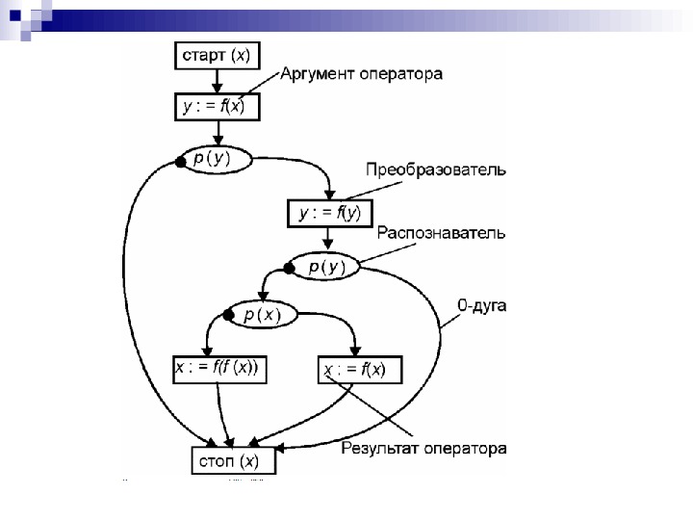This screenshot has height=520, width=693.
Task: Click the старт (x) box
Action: point(217,56)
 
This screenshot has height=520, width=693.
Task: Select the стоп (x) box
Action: point(231,459)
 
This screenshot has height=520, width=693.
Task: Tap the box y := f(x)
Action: point(215,107)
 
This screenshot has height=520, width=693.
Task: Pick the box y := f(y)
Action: point(329,213)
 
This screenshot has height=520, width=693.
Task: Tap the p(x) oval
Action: point(262,315)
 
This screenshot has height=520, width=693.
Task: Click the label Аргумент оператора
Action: point(361,74)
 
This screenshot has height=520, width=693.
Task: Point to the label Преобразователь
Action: point(435,170)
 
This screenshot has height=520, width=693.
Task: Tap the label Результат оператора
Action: point(424,449)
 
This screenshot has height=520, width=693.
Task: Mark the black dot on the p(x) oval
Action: point(228,315)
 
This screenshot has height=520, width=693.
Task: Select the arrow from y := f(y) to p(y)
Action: point(329,239)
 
